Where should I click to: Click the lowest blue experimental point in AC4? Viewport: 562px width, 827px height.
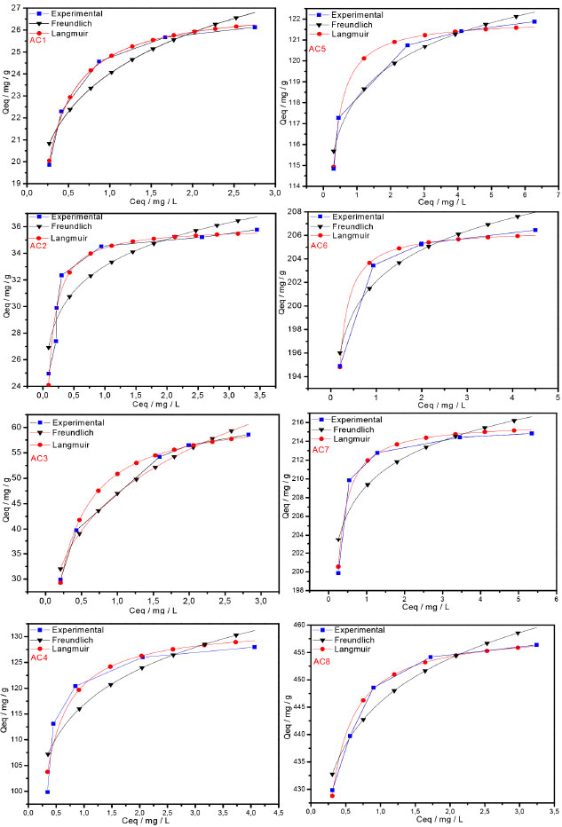coord(47,792)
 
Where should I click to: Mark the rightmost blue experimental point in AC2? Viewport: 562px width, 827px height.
coord(257,230)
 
